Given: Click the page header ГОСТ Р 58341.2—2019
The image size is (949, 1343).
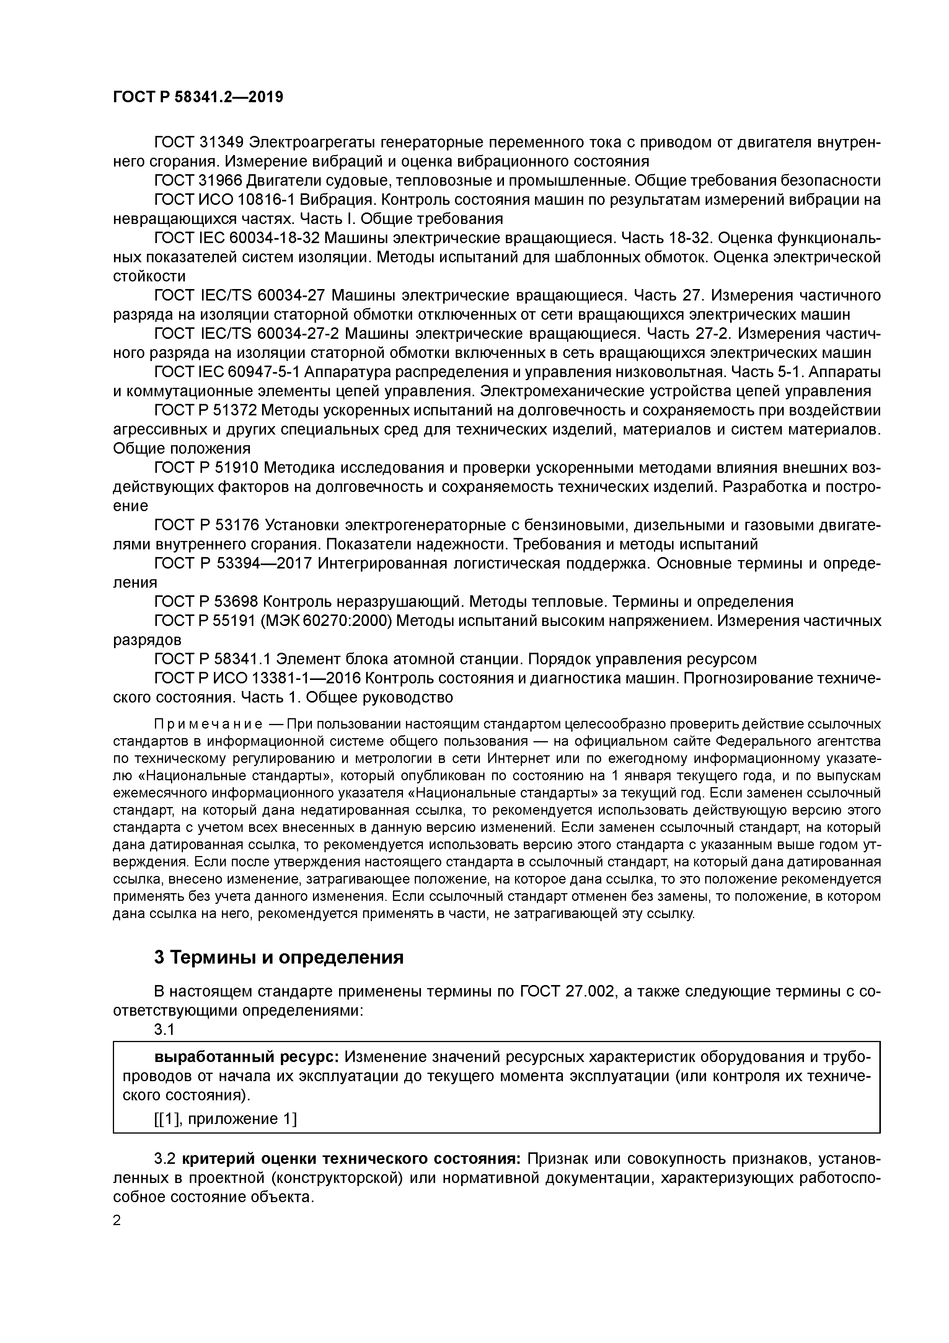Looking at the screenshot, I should point(197,97).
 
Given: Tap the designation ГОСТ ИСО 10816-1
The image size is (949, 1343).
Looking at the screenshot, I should point(224,199).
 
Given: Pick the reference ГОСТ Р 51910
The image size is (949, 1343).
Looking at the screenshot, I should point(206,468).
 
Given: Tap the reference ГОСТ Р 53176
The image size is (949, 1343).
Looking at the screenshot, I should point(206,525).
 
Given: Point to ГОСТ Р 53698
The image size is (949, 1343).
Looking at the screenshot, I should point(206,602).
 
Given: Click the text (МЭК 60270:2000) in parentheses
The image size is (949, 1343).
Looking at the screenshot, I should point(326,621).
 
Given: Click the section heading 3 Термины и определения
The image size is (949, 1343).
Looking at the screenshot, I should point(279,957).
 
